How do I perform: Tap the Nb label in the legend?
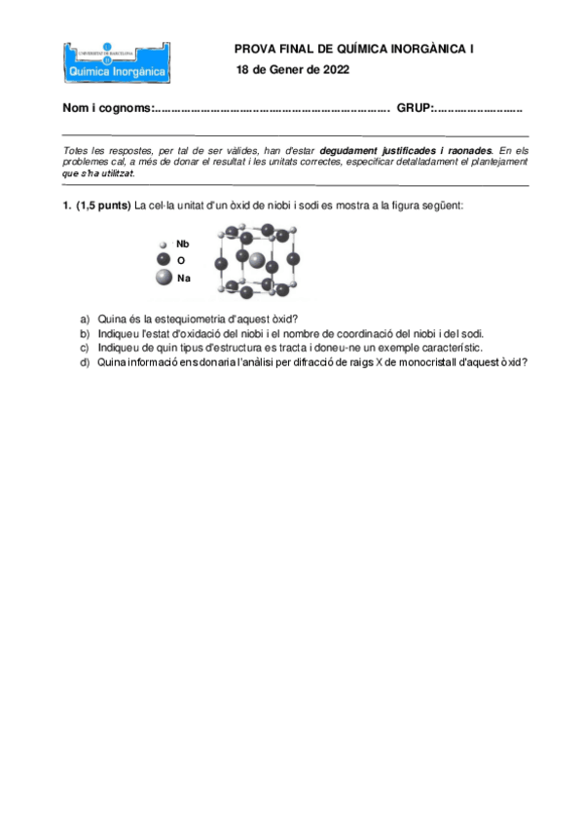tap(183, 244)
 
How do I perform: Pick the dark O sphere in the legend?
tap(164, 260)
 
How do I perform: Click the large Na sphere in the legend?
tap(164, 279)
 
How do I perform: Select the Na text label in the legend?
tap(184, 279)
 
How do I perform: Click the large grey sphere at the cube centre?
tap(257, 260)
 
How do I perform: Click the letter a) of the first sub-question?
tap(85, 319)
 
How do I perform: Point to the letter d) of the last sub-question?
tap(85, 362)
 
